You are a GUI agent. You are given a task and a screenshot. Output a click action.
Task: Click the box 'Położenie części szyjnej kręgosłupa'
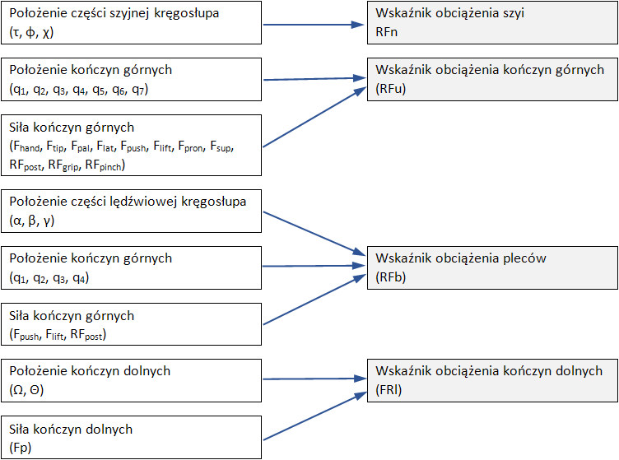pyautogui.click(x=131, y=23)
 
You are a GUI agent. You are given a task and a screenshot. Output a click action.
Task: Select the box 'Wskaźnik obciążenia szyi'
pyautogui.click(x=492, y=23)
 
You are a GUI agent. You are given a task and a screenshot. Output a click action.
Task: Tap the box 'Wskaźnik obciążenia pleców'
pyautogui.click(x=492, y=267)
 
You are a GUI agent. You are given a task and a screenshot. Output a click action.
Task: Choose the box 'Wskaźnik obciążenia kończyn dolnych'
pyautogui.click(x=492, y=380)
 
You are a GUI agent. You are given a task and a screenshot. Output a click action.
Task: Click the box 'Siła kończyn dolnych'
pyautogui.click(x=131, y=439)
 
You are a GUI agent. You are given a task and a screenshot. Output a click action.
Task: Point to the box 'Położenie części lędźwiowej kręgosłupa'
pyautogui.click(x=131, y=211)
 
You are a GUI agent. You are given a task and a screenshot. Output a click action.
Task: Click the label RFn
pyautogui.click(x=387, y=31)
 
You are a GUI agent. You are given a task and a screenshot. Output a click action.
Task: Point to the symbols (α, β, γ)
pyautogui.click(x=33, y=220)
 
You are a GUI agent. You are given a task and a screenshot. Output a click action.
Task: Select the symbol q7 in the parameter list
pyautogui.click(x=139, y=89)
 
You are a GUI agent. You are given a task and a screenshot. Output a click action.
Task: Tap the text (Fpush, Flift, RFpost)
pyautogui.click(x=58, y=334)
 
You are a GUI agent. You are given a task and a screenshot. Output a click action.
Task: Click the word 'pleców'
pyautogui.click(x=524, y=258)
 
